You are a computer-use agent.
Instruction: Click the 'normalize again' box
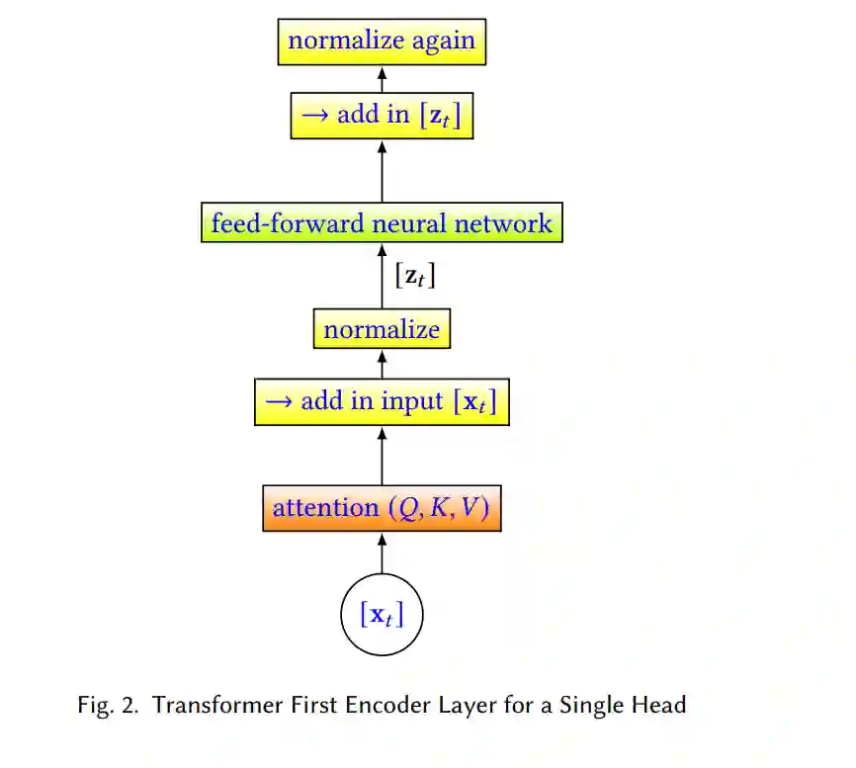[x=382, y=42]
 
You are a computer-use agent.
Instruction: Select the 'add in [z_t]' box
[x=382, y=116]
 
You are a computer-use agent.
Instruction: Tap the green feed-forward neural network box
[x=382, y=222]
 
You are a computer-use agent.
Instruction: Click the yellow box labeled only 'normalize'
[x=382, y=329]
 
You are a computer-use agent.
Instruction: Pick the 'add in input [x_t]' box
[x=382, y=402]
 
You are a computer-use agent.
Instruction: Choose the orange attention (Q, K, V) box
[x=382, y=508]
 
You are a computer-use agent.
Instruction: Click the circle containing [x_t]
[x=382, y=615]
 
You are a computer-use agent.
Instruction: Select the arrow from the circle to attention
[x=382, y=553]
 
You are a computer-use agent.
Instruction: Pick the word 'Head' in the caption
[x=661, y=706]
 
